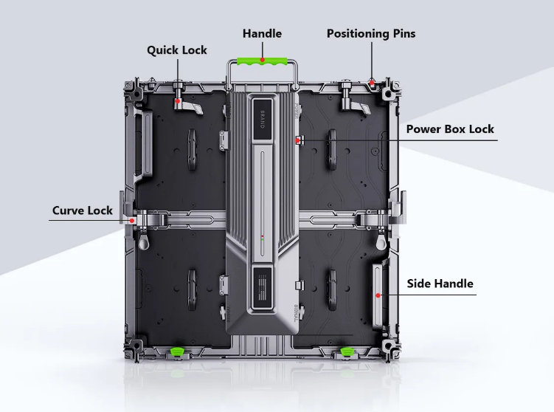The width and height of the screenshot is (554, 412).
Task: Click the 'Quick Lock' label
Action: [177, 50]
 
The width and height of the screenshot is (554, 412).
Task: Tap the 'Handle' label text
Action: [262, 33]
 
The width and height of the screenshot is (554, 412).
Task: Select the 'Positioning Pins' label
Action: [371, 33]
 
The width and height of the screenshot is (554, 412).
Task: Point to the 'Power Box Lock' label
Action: [450, 129]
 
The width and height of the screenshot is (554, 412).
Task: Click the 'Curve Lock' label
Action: [83, 210]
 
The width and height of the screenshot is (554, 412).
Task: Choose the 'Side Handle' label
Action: [440, 284]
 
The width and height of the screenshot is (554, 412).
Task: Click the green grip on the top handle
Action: [262, 59]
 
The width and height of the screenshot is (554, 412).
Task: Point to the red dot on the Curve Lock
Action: [132, 220]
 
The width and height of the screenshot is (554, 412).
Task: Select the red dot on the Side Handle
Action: [378, 295]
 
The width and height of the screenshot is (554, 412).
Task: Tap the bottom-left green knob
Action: [177, 350]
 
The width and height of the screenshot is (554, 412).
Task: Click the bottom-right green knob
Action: [345, 350]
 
